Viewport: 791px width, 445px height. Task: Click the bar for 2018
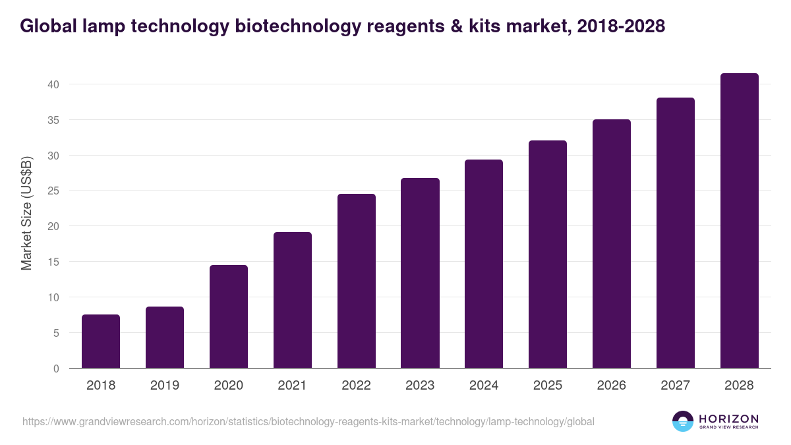click(101, 341)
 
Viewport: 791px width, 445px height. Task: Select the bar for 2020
click(229, 316)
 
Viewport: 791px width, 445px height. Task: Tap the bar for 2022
click(356, 281)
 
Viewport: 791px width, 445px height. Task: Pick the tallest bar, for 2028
click(739, 221)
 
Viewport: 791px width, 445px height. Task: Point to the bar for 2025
click(548, 254)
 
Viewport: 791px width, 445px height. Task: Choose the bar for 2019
click(165, 338)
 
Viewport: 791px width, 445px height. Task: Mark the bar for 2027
click(676, 233)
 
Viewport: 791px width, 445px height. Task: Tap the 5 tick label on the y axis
click(57, 333)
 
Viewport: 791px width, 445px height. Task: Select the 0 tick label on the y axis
click(57, 369)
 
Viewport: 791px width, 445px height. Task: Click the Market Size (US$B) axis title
click(27, 214)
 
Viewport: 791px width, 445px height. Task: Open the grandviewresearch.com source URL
click(308, 421)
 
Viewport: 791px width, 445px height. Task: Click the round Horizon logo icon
click(683, 421)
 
